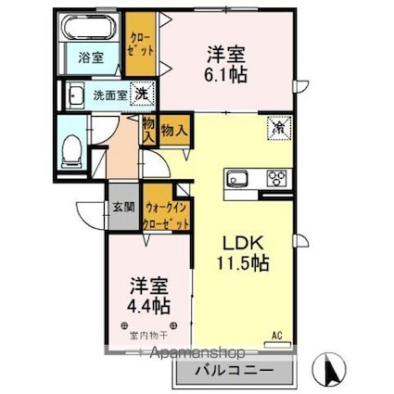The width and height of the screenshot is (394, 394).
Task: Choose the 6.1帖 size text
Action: pyautogui.click(x=225, y=75)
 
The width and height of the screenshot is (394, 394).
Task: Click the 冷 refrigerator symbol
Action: pyautogui.click(x=277, y=128)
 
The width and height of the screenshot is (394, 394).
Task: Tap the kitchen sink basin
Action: pyautogui.click(x=234, y=180)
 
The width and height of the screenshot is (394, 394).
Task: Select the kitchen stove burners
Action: pyautogui.click(x=275, y=179)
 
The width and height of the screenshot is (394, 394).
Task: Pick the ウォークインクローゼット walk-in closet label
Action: pyautogui.click(x=168, y=218)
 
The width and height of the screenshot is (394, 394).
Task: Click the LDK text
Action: pyautogui.click(x=238, y=243)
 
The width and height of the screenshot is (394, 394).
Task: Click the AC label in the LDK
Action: pyautogui.click(x=275, y=335)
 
